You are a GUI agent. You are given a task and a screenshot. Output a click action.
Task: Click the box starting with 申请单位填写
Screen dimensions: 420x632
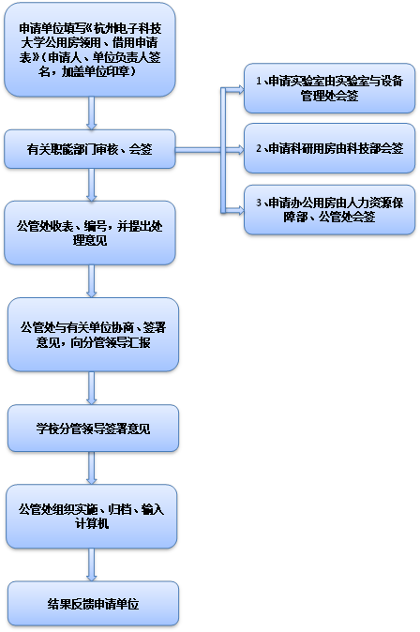[90, 50]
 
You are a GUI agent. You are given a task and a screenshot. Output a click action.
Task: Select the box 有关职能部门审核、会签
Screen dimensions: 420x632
[90, 149]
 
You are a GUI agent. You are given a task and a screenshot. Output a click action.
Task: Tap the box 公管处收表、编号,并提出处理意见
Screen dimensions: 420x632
[90, 233]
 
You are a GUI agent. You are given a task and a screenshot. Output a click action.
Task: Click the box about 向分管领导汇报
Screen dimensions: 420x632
[93, 335]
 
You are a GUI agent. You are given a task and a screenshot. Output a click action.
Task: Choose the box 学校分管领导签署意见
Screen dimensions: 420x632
[93, 428]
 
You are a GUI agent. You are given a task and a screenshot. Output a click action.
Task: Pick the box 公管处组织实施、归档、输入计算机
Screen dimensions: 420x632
[92, 517]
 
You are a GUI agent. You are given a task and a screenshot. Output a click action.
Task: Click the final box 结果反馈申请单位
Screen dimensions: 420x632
[93, 603]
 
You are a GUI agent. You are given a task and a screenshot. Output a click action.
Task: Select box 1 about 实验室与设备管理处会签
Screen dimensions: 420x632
[329, 88]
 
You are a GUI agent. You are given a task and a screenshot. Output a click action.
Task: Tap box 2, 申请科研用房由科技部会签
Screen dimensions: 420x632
[329, 148]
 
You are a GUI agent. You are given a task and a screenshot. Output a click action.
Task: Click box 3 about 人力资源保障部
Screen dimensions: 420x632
[329, 210]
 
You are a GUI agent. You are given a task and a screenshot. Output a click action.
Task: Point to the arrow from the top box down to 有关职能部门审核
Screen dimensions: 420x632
[92, 113]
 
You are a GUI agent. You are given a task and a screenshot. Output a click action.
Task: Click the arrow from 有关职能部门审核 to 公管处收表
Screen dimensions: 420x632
[92, 185]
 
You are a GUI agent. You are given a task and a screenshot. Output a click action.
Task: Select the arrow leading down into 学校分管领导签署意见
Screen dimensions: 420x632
[92, 388]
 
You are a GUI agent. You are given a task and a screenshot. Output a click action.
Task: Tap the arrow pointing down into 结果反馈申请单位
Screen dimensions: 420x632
[92, 564]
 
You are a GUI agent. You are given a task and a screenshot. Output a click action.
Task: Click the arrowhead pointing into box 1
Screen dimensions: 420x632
[240, 89]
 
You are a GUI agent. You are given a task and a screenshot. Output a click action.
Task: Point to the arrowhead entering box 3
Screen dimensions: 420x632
[240, 210]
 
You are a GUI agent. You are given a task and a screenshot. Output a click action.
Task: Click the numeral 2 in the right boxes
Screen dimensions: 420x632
[259, 148]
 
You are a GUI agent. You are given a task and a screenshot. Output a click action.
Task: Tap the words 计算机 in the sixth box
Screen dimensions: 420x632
[92, 523]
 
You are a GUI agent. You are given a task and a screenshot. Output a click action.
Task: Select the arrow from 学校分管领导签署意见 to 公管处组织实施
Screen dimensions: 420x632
[92, 468]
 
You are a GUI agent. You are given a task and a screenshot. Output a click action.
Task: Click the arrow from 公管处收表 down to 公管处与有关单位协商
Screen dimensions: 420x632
[92, 281]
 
